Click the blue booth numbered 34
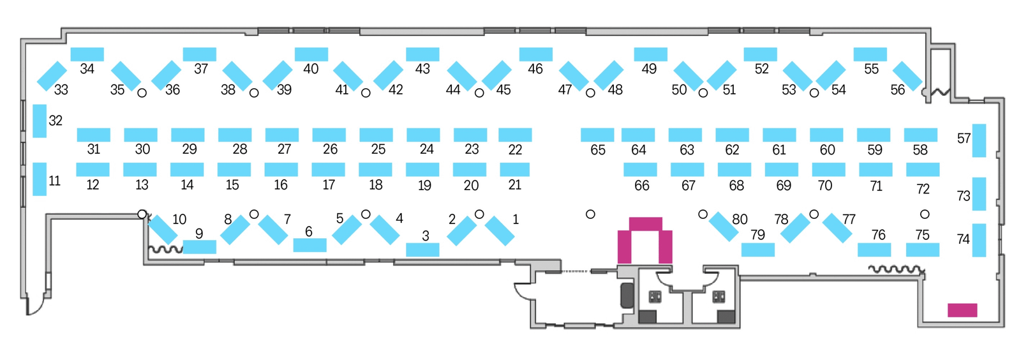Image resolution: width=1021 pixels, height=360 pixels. coord(87,54)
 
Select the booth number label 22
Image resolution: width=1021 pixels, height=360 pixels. coord(515,149)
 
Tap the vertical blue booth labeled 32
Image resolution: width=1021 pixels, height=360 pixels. coord(40,121)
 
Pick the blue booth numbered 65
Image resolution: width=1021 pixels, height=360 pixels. coord(597,135)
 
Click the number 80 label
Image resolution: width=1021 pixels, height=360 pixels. coord(740,219)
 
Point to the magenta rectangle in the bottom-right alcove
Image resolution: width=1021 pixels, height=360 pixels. coord(962,310)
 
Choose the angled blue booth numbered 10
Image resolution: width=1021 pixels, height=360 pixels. coord(163,230)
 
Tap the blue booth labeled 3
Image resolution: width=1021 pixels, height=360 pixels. coord(422,250)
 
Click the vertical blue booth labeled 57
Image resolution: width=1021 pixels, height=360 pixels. coord(979,140)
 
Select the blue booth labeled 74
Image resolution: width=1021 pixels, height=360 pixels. coord(979,240)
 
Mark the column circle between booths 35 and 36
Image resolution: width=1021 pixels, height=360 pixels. coord(142,93)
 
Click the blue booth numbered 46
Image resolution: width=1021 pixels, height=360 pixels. coord(535,54)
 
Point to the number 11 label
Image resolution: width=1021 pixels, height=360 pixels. coord(55,181)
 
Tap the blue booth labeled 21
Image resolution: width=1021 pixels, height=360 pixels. coord(514,170)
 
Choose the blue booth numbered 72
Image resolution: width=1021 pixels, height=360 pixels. coord(923,170)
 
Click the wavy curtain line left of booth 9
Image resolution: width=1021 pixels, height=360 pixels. coord(166,250)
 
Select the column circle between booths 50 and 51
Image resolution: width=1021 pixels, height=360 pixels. coord(703,93)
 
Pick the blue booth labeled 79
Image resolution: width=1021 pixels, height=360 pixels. coord(757,250)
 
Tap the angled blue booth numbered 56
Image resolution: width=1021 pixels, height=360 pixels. coord(907,76)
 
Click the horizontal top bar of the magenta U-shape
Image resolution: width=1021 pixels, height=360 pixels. coord(645,224)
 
